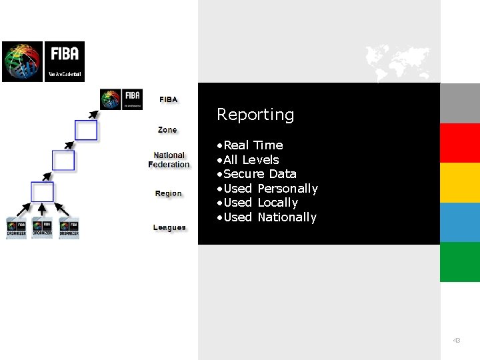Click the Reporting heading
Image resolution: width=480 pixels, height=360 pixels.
click(255, 115)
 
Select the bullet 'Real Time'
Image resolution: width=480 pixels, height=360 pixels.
click(253, 145)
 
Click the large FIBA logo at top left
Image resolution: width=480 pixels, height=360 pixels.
click(43, 61)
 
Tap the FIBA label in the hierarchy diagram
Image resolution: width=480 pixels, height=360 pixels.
click(169, 99)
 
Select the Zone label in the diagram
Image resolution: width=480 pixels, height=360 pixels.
click(167, 129)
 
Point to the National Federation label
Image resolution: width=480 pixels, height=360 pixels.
click(169, 160)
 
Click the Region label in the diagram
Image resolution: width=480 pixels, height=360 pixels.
click(168, 193)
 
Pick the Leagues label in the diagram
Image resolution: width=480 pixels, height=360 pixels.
click(169, 227)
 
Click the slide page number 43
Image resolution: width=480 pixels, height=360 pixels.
click(457, 341)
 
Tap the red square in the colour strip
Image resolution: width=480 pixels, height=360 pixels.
click(460, 143)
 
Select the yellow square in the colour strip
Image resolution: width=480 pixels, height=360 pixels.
click(460, 182)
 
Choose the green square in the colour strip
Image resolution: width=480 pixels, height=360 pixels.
click(460, 261)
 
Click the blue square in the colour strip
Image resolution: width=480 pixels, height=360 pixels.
click(460, 222)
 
